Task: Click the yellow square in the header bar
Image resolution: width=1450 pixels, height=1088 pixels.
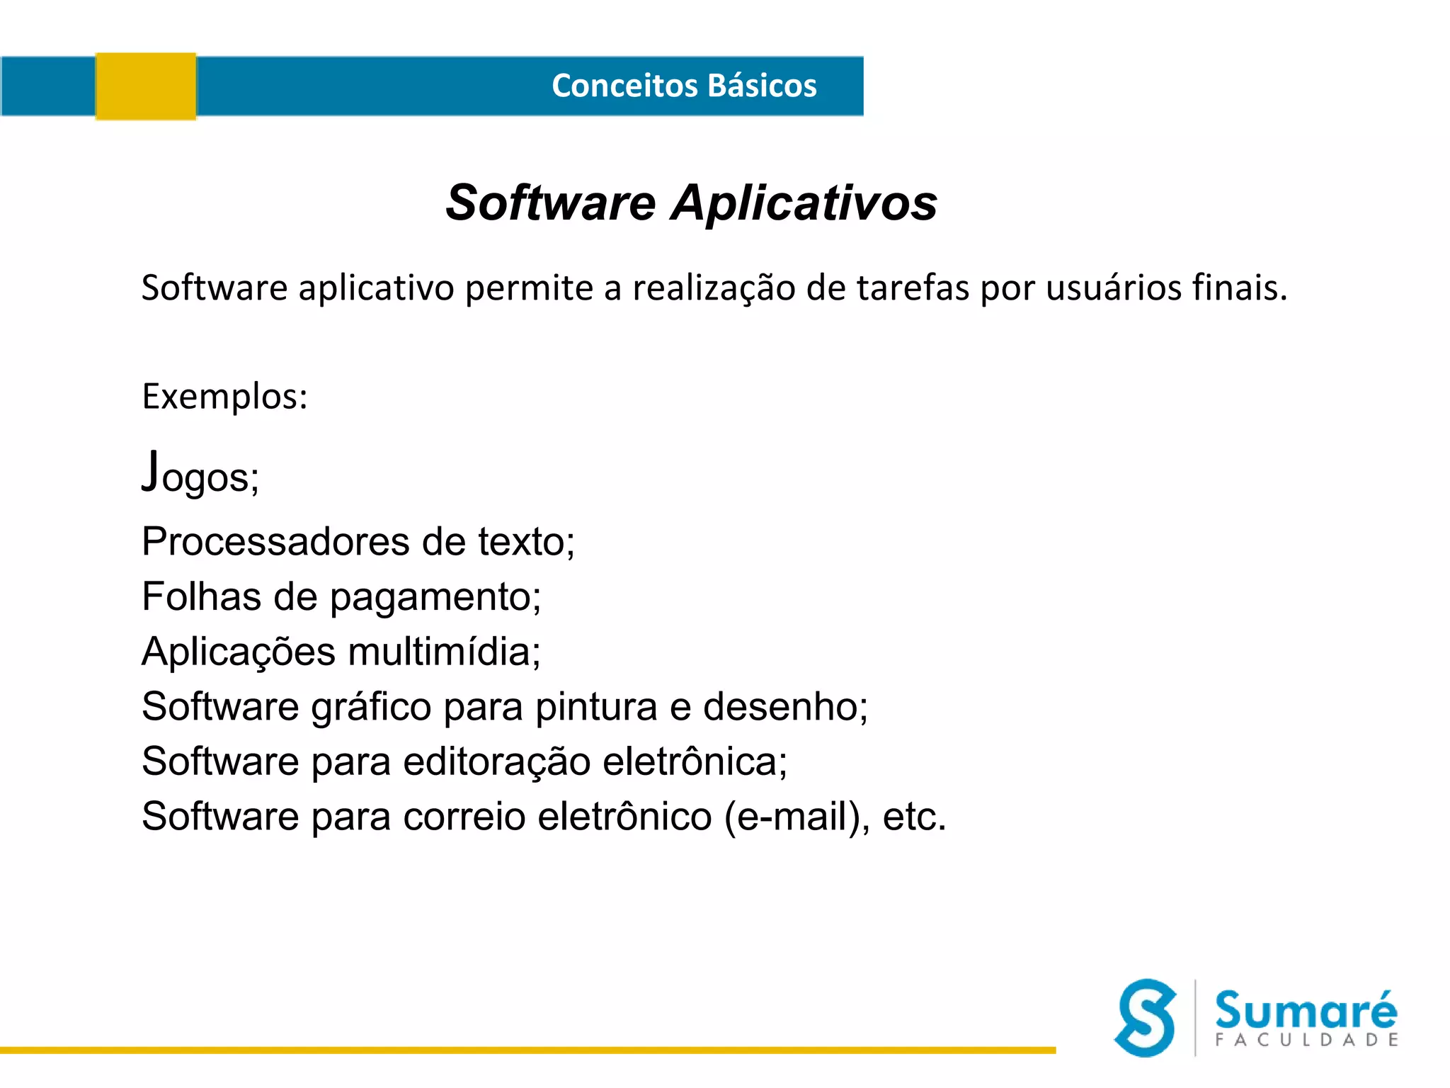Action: pos(146,86)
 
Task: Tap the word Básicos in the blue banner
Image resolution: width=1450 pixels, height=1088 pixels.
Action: pos(762,86)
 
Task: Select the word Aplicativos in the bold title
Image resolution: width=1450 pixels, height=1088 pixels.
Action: pos(804,203)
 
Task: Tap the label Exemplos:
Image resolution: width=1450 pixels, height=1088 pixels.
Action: pos(225,396)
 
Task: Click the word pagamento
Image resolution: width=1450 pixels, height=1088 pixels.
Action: pos(435,597)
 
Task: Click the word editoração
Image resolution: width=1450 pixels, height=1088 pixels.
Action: pos(497,761)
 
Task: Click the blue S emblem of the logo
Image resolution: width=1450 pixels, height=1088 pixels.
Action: pos(1146,1018)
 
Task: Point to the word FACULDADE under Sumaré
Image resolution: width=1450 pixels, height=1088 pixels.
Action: pos(1307,1040)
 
